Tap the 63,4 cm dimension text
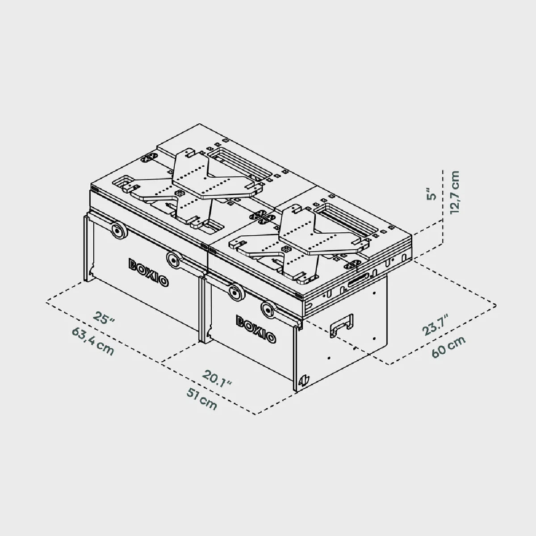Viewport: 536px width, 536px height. point(93,341)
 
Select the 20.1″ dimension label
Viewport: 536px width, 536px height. point(218,378)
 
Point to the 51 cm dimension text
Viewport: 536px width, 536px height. point(202,398)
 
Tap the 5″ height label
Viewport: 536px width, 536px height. point(431,196)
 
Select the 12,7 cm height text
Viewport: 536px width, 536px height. point(455,192)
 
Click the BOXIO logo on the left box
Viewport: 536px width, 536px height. point(149,272)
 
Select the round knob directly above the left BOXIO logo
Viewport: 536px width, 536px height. point(173,259)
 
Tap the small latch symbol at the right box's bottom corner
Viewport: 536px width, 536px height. point(304,380)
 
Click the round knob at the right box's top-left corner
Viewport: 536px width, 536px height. point(235,293)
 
